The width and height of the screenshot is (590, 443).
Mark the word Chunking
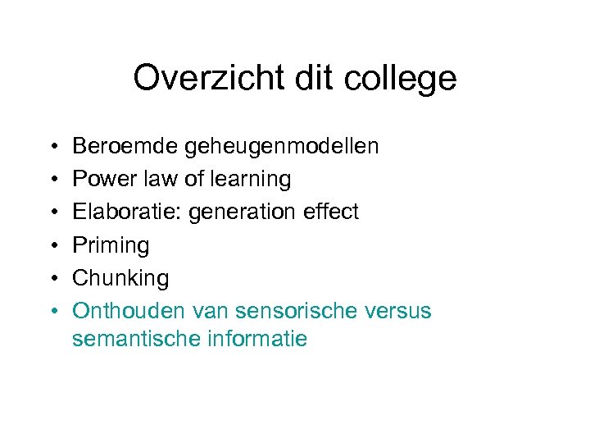click(120, 279)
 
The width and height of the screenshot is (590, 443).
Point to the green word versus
click(397, 311)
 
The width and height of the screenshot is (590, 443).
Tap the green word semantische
click(131, 338)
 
